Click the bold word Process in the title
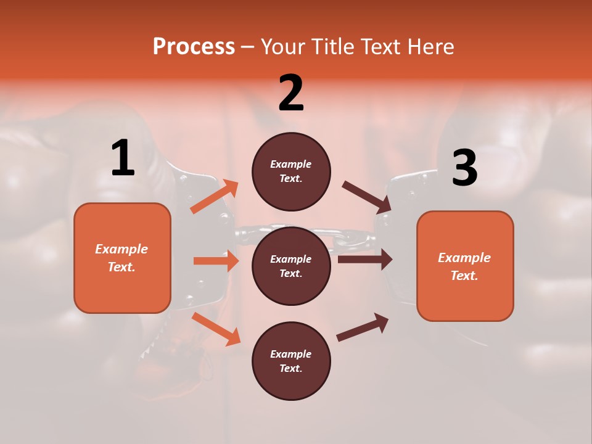194,47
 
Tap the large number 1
123,158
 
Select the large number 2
291,93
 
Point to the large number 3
464,168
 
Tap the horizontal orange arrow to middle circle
216,261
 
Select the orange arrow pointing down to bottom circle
216,329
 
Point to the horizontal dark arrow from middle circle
364,260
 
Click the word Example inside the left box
121,249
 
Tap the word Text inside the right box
464,276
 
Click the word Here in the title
432,47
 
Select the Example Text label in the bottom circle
291,361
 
